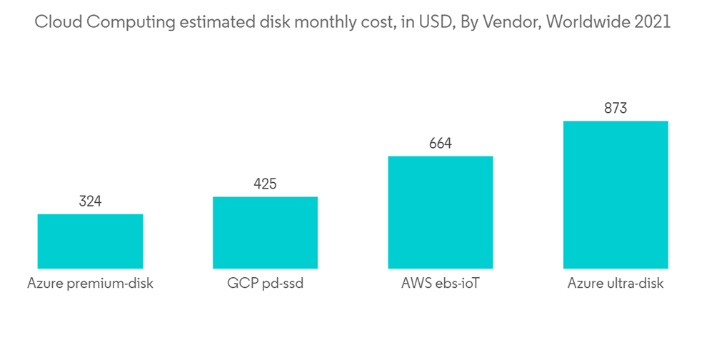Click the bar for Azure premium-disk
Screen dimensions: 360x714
[x=90, y=241]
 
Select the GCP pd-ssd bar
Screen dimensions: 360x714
[x=265, y=233]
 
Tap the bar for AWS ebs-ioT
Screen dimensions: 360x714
[x=440, y=212]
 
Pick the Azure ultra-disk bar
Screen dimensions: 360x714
[x=615, y=194]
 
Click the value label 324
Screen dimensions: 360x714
[x=90, y=201]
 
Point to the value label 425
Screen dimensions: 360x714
[x=265, y=184]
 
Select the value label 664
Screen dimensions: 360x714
[x=440, y=144]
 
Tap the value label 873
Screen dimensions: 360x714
[x=615, y=109]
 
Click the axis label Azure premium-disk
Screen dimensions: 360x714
[x=90, y=284]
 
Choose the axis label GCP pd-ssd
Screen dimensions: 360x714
[x=265, y=284]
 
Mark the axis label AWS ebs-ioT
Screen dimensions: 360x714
[x=440, y=284]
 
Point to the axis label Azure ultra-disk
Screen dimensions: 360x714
[x=615, y=284]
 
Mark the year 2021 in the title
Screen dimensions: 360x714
[x=653, y=22]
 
